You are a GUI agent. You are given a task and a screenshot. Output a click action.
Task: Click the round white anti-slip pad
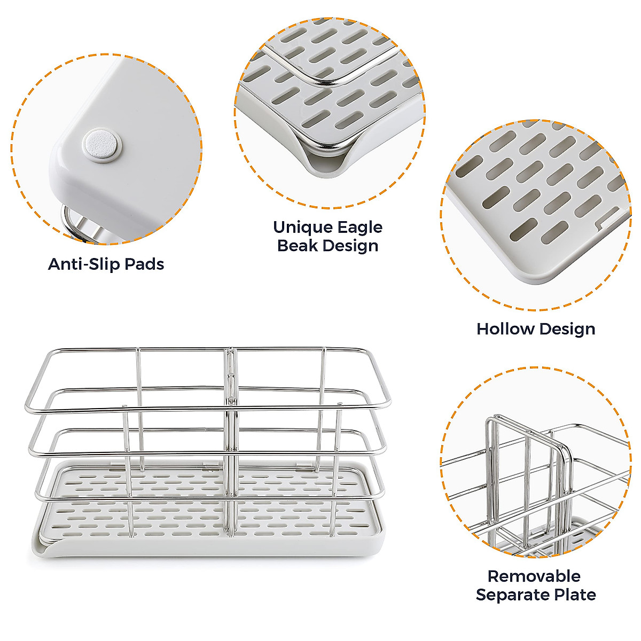pyautogui.click(x=102, y=145)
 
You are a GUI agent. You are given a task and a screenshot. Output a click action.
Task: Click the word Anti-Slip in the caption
pyautogui.click(x=83, y=264)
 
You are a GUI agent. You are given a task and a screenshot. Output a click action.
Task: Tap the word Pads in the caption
pyautogui.click(x=144, y=264)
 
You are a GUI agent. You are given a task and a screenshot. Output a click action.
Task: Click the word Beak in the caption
pyautogui.click(x=298, y=246)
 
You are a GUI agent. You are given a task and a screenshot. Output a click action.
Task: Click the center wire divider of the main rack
pyautogui.click(x=230, y=427)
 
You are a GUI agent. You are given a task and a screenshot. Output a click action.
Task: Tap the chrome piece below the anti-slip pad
pyautogui.click(x=75, y=222)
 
